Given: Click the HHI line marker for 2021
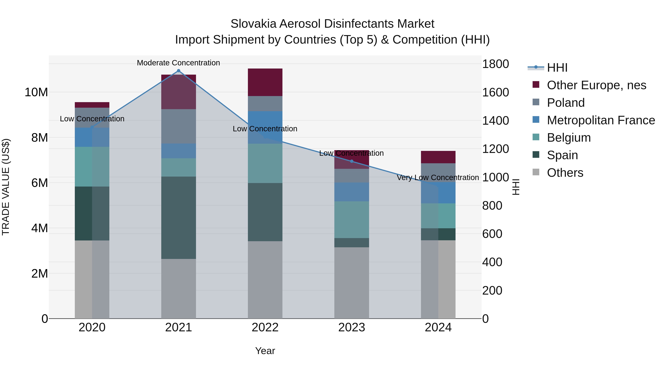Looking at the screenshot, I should pyautogui.click(x=178, y=71).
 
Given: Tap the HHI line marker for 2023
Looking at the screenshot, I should pyautogui.click(x=352, y=161).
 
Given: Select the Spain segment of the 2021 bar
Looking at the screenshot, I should pyautogui.click(x=178, y=218).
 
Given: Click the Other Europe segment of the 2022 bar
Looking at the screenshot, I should pyautogui.click(x=265, y=82).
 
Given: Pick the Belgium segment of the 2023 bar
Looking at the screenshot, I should pyautogui.click(x=352, y=220).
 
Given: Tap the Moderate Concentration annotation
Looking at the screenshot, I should pyautogui.click(x=178, y=63).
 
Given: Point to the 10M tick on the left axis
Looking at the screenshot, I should pyautogui.click(x=36, y=92).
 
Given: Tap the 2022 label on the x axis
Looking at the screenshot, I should pyautogui.click(x=265, y=327).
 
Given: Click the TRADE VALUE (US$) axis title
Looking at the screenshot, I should pyautogui.click(x=6, y=187).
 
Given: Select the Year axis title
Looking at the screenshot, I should pyautogui.click(x=265, y=351).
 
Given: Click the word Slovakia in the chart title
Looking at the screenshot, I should pyautogui.click(x=253, y=24).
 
